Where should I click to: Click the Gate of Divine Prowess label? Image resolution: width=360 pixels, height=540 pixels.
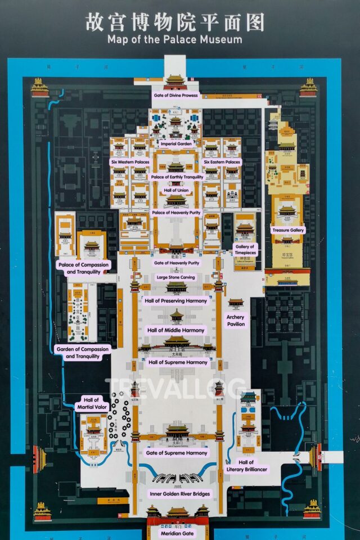click(175, 95)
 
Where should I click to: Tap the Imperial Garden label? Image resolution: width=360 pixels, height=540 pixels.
click(177, 143)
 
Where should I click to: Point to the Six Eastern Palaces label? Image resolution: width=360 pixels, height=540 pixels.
click(222, 162)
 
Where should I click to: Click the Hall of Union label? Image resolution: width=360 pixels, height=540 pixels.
click(176, 191)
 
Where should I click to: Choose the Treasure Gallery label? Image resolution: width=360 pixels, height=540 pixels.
click(287, 230)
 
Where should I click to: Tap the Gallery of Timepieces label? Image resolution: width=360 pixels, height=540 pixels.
click(245, 250)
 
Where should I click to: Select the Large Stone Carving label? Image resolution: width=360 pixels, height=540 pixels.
click(176, 277)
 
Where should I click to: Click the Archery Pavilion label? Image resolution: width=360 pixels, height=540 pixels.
click(236, 321)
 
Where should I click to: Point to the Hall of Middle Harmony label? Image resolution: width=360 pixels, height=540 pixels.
click(176, 330)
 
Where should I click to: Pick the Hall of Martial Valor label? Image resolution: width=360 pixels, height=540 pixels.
click(92, 403)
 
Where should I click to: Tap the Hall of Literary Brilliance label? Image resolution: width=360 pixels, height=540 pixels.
click(246, 465)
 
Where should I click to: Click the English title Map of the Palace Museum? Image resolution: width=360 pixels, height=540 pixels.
click(174, 40)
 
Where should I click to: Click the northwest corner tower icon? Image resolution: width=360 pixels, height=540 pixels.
click(39, 87)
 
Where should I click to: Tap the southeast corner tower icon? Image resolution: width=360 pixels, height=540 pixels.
click(312, 510)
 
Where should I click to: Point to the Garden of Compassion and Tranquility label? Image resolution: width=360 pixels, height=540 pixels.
click(83, 353)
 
